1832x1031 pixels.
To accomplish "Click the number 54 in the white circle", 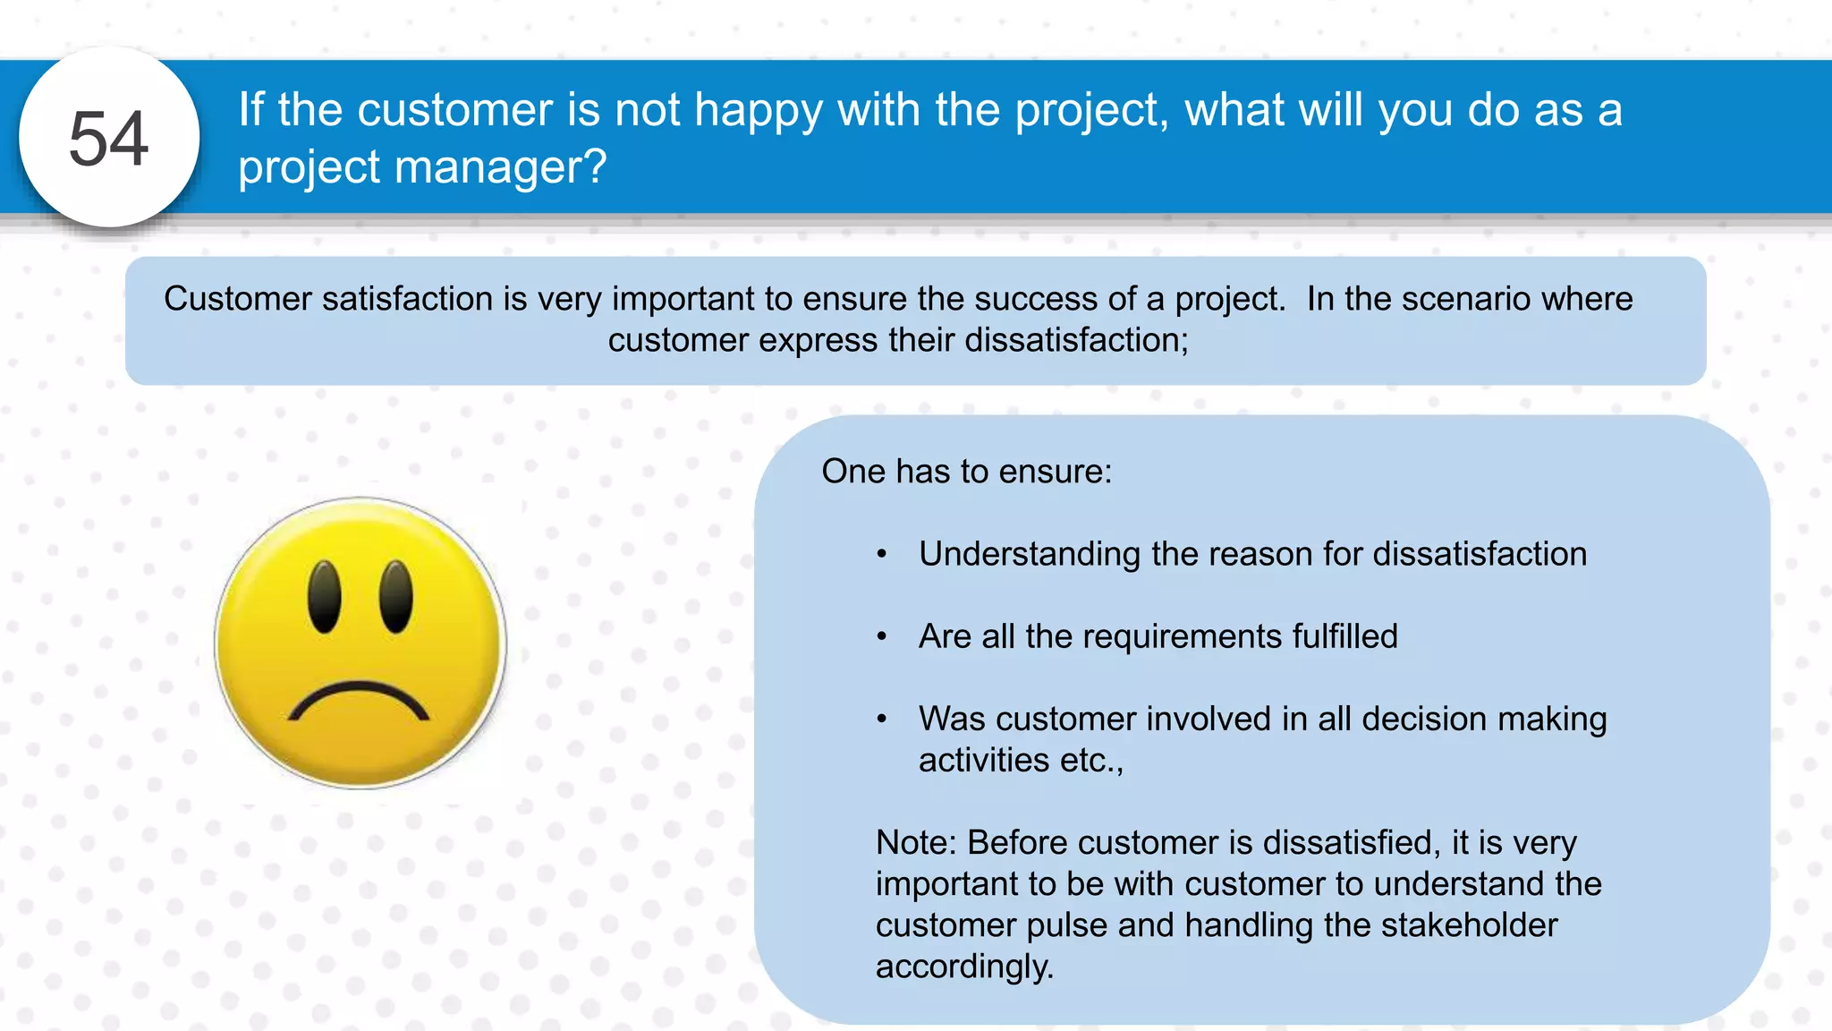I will click(x=108, y=139).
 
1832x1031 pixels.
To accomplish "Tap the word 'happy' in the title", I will click(x=758, y=111).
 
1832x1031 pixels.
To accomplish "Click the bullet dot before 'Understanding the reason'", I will click(x=882, y=555).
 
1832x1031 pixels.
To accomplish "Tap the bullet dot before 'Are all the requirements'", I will click(x=882, y=637).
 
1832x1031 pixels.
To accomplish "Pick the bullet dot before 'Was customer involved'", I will click(x=882, y=720).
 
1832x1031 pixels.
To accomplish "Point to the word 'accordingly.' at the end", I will click(x=964, y=967).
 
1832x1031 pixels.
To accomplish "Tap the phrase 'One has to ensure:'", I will click(x=966, y=472).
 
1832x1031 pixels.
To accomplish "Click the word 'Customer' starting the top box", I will click(x=238, y=299).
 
